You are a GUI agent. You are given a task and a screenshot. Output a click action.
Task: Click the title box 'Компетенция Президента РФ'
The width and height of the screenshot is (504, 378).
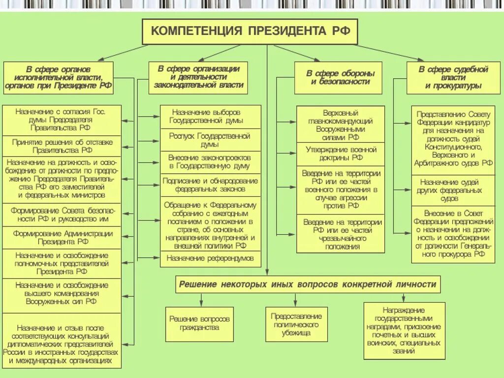pyautogui.click(x=250, y=31)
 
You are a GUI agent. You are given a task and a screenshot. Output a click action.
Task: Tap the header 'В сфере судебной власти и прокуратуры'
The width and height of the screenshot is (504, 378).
pyautogui.click(x=453, y=78)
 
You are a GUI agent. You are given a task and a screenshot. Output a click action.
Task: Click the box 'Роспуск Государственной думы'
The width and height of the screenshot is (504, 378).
pyautogui.click(x=210, y=140)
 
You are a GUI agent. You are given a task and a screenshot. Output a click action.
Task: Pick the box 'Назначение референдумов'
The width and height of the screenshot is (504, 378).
pyautogui.click(x=210, y=258)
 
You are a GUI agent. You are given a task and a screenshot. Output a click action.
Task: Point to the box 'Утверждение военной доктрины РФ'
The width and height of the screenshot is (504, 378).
pyautogui.click(x=341, y=154)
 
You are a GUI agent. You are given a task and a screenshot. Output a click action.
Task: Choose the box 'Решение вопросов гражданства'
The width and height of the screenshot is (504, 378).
pyautogui.click(x=199, y=323)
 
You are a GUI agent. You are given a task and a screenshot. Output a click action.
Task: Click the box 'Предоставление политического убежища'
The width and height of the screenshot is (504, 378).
pyautogui.click(x=296, y=324)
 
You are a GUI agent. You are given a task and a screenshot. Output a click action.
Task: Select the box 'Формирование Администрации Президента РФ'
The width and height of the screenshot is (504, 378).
pyautogui.click(x=63, y=238)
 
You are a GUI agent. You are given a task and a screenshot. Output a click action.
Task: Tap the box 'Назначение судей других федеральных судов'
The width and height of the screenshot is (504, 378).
pyautogui.click(x=453, y=190)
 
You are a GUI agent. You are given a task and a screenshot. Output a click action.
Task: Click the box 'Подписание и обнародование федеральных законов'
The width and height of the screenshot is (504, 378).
pyautogui.click(x=210, y=185)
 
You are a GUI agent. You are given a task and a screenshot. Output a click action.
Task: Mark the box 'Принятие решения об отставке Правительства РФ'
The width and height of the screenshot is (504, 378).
pyautogui.click(x=63, y=146)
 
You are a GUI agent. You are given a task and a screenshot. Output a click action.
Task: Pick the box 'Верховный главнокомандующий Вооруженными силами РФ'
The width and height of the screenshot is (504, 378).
pyautogui.click(x=341, y=125)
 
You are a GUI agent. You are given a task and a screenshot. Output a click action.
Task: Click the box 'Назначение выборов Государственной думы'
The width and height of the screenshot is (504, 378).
pyautogui.click(x=210, y=117)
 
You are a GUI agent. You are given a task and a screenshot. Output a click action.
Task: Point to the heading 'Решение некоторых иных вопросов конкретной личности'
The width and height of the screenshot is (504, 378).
pyautogui.click(x=308, y=284)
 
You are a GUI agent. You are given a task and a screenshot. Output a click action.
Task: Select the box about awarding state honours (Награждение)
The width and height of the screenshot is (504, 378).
pyautogui.click(x=404, y=330)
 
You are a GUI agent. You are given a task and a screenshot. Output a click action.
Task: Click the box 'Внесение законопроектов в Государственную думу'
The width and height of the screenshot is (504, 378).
pyautogui.click(x=210, y=162)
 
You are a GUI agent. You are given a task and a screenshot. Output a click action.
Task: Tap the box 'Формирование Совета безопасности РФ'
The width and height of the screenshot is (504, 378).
pyautogui.click(x=63, y=215)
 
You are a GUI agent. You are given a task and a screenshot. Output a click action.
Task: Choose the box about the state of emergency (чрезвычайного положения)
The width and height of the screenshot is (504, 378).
pyautogui.click(x=341, y=234)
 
